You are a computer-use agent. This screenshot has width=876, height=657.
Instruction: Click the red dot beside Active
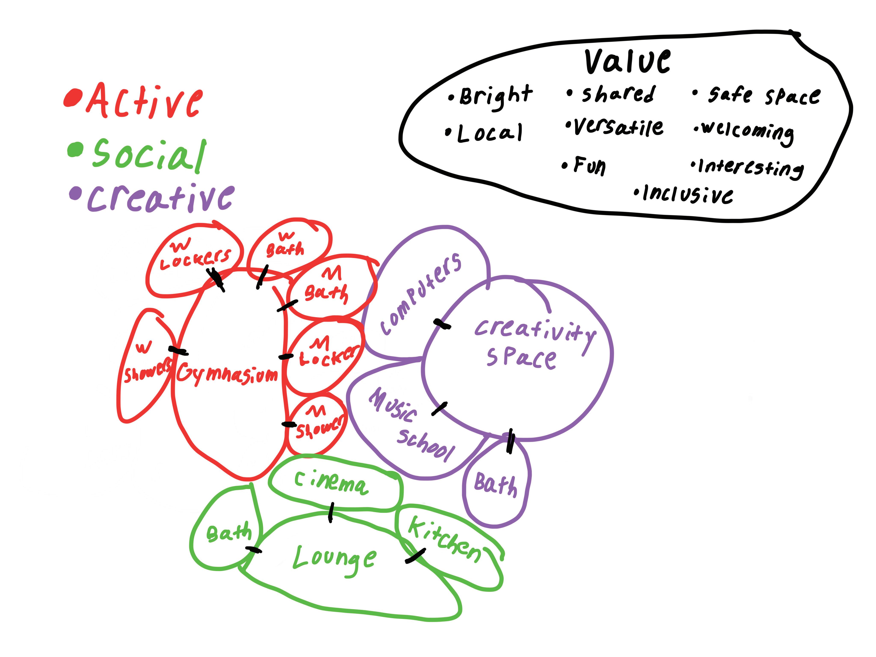click(73, 98)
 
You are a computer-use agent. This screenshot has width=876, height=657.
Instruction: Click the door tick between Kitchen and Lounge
click(415, 555)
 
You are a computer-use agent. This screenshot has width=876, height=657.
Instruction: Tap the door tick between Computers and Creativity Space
click(442, 324)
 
